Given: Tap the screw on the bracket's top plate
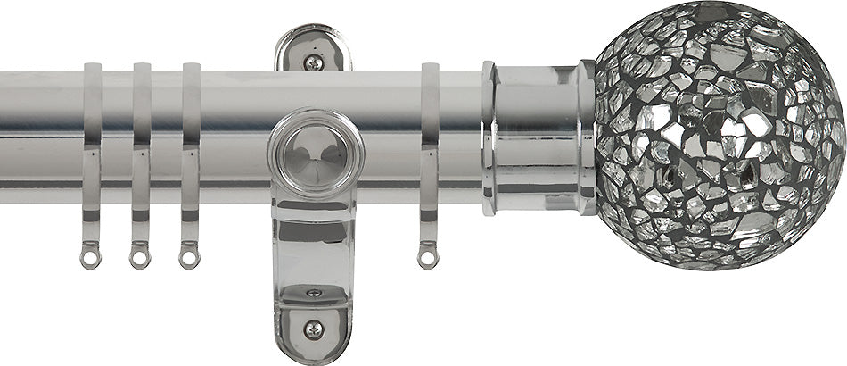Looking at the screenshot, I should (x=313, y=62).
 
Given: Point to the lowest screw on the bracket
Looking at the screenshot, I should (x=314, y=329).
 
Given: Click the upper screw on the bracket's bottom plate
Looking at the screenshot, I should (x=314, y=293).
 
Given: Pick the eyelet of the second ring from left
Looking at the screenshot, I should (x=139, y=258).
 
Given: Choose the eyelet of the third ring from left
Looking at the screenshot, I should (x=188, y=258).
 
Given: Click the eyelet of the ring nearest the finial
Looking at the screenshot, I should (x=430, y=258).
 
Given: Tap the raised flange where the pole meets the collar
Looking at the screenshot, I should (x=489, y=138).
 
